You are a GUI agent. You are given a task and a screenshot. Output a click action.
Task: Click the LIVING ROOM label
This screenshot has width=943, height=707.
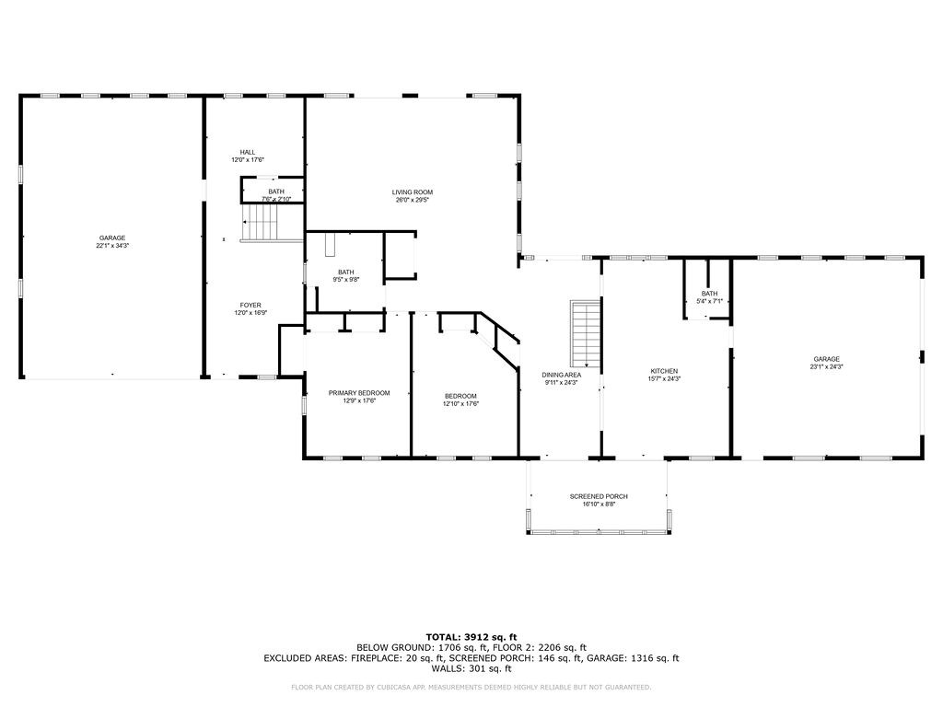(x=412, y=192)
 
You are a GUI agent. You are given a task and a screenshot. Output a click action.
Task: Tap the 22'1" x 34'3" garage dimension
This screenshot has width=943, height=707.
(x=112, y=246)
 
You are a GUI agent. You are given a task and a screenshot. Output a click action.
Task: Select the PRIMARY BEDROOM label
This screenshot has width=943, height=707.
(x=359, y=393)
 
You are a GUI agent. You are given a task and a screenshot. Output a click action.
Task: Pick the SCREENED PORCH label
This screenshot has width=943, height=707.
(x=598, y=496)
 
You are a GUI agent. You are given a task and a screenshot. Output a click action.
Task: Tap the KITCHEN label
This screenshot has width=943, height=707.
(x=664, y=371)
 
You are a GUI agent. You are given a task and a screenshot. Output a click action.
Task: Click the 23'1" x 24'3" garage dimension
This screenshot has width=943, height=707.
(x=826, y=366)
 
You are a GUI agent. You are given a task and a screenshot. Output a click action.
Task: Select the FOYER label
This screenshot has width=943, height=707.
(x=250, y=305)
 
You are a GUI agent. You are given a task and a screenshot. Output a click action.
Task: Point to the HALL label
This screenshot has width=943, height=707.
(x=248, y=152)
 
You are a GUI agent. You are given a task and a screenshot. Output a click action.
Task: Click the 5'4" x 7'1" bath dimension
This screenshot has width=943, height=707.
(x=709, y=301)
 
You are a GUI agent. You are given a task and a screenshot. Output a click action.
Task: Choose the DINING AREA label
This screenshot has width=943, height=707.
(x=561, y=375)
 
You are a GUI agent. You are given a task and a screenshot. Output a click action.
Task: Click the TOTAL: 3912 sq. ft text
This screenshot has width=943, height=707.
(x=471, y=637)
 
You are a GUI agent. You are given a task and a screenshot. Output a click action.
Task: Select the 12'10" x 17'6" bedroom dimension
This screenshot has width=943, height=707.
(x=460, y=403)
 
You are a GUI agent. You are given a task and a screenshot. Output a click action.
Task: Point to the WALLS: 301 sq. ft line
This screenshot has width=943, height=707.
(x=471, y=669)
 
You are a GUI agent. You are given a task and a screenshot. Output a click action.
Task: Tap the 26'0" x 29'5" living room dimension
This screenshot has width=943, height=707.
(x=412, y=200)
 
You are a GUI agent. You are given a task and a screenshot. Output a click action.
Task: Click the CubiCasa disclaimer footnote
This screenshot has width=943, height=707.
(x=471, y=687)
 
